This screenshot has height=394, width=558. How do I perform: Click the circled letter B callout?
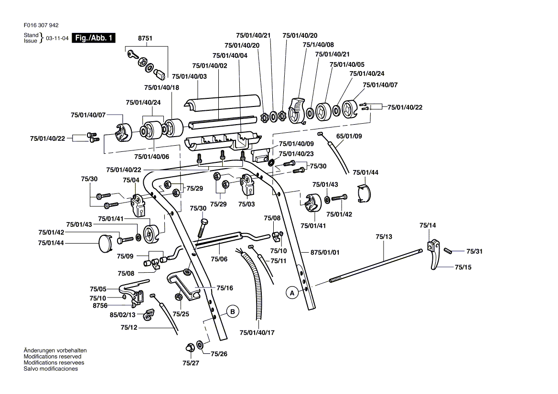pyautogui.click(x=232, y=311)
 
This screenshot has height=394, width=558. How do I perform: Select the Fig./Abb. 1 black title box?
pyautogui.click(x=94, y=38)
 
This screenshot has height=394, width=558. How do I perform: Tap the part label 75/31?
pyautogui.click(x=474, y=251)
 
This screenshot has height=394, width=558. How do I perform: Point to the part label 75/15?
pyautogui.click(x=462, y=267)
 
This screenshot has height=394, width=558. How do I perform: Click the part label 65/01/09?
pyautogui.click(x=349, y=136)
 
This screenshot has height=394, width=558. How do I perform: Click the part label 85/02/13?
pyautogui.click(x=123, y=315)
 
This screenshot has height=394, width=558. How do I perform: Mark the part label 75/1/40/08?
pyautogui.click(x=318, y=45)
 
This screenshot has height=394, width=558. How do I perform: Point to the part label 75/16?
pyautogui.click(x=225, y=288)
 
